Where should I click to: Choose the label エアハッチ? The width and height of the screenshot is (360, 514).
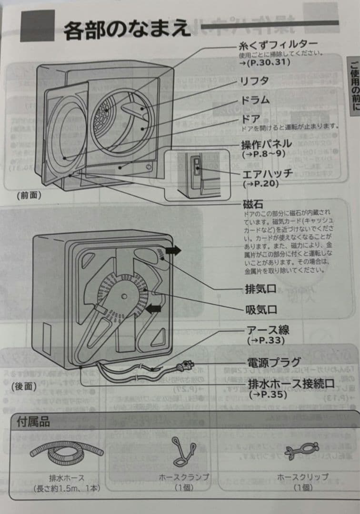268,174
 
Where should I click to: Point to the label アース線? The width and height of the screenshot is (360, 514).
268,330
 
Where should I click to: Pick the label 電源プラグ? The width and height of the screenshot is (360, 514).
274,362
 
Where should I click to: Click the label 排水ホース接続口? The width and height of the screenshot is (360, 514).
291,384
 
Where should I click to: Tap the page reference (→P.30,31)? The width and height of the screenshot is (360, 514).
265,62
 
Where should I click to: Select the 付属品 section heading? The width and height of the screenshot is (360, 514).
33,421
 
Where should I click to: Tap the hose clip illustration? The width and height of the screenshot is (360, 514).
303,450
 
